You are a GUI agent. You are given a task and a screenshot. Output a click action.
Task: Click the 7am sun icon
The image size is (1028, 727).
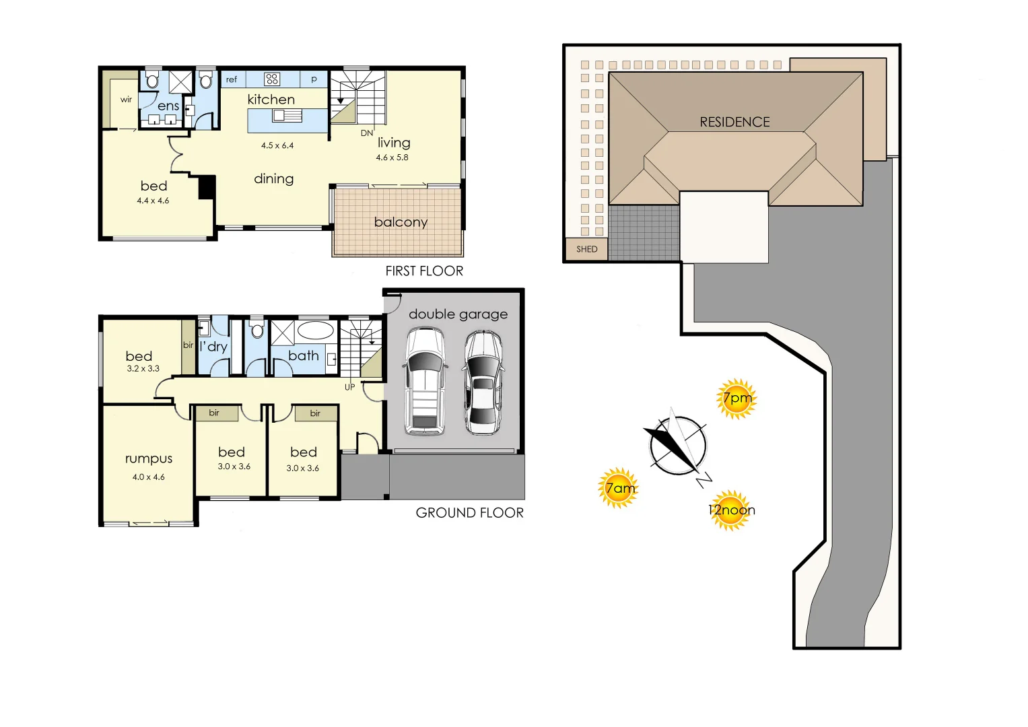tap(618, 488)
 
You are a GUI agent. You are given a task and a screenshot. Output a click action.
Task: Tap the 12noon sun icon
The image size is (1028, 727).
tap(730, 510)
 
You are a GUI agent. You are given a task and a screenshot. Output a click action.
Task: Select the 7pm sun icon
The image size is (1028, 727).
tap(736, 399)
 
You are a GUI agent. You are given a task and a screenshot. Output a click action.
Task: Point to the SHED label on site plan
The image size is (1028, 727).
tap(586, 249)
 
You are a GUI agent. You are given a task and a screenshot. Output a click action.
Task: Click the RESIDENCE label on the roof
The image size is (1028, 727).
tap(734, 122)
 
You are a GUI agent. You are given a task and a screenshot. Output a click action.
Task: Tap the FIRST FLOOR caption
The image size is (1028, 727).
tap(424, 271)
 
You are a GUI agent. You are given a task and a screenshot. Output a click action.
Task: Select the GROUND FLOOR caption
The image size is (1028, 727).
tap(469, 513)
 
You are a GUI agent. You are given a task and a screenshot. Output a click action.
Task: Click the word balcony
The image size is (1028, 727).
tap(401, 223)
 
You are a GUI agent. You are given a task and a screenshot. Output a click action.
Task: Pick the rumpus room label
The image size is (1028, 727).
tap(149, 458)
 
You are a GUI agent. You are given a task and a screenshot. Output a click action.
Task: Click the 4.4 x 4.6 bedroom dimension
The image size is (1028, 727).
tap(153, 201)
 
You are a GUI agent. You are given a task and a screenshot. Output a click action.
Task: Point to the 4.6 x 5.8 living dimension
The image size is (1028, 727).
tap(392, 158)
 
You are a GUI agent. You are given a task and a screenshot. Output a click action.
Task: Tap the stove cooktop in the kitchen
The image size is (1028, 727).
tap(272, 79)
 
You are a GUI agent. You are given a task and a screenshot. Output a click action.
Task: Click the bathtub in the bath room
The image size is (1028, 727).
tap(316, 331)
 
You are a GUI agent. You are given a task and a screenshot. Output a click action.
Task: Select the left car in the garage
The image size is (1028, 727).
tap(425, 381)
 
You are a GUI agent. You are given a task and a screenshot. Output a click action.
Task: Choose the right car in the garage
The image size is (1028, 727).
tap(483, 382)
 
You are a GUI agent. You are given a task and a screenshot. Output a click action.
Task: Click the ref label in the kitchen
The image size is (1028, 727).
tap(232, 79)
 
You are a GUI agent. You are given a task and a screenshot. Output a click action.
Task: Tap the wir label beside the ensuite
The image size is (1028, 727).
tap(126, 99)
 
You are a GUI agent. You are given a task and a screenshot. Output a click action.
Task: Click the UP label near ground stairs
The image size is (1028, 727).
tap(349, 387)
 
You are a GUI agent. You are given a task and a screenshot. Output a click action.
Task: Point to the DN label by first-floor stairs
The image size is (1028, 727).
tap(367, 133)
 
